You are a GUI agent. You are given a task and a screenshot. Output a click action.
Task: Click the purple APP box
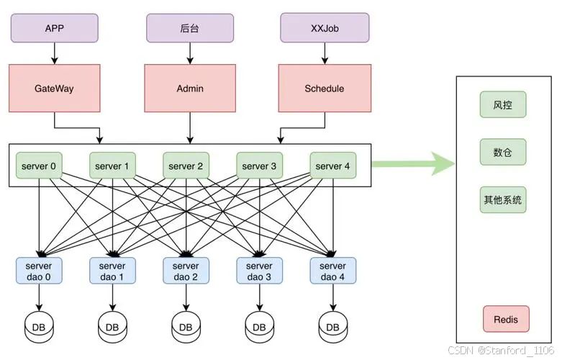pos(55,28)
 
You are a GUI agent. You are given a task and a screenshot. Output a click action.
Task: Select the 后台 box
pos(190,28)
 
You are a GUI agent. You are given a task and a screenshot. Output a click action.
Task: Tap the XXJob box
pos(325,28)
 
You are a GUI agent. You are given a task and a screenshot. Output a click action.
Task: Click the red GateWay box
pos(55,89)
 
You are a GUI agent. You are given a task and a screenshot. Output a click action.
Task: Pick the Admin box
pos(190,89)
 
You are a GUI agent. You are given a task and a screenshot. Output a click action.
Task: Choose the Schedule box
pos(325,89)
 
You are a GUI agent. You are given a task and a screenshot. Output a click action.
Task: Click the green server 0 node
pos(39,166)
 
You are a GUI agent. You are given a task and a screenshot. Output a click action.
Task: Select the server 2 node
pos(186,166)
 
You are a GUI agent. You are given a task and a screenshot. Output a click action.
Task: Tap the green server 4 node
pos(333,166)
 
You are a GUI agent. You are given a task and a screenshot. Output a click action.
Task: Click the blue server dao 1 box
pos(112,271)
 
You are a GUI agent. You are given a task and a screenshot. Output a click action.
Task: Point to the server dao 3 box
pos(260,271)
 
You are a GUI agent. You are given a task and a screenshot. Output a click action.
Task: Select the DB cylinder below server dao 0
pos(39,327)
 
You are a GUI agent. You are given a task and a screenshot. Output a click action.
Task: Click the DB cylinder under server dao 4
pos(333,327)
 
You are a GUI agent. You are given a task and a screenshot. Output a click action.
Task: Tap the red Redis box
pos(506,319)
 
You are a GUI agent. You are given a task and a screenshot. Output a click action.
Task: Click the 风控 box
pos(503,104)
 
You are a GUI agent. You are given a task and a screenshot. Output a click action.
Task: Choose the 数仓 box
pos(503,152)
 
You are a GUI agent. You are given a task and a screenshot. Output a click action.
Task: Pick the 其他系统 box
pos(503,199)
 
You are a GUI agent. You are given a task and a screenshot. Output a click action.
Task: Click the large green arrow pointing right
pos(413,164)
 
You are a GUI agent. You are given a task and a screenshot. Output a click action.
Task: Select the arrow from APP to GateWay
pos(55,53)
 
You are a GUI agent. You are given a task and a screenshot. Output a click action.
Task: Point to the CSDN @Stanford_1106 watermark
pos(501,350)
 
